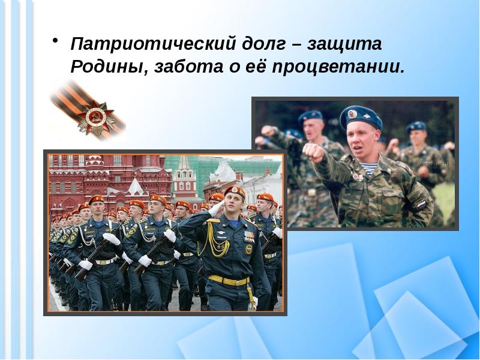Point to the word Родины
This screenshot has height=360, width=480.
105,66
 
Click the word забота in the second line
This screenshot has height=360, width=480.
182,66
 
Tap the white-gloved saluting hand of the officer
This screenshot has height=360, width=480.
215,208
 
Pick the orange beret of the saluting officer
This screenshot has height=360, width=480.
235,191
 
